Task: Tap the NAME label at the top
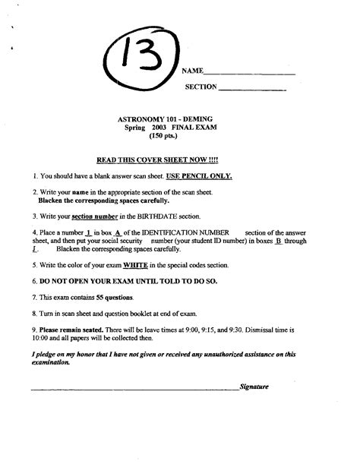point(192,71)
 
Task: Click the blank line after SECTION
point(252,90)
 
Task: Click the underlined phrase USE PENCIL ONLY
point(199,175)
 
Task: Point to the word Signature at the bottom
point(254,386)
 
